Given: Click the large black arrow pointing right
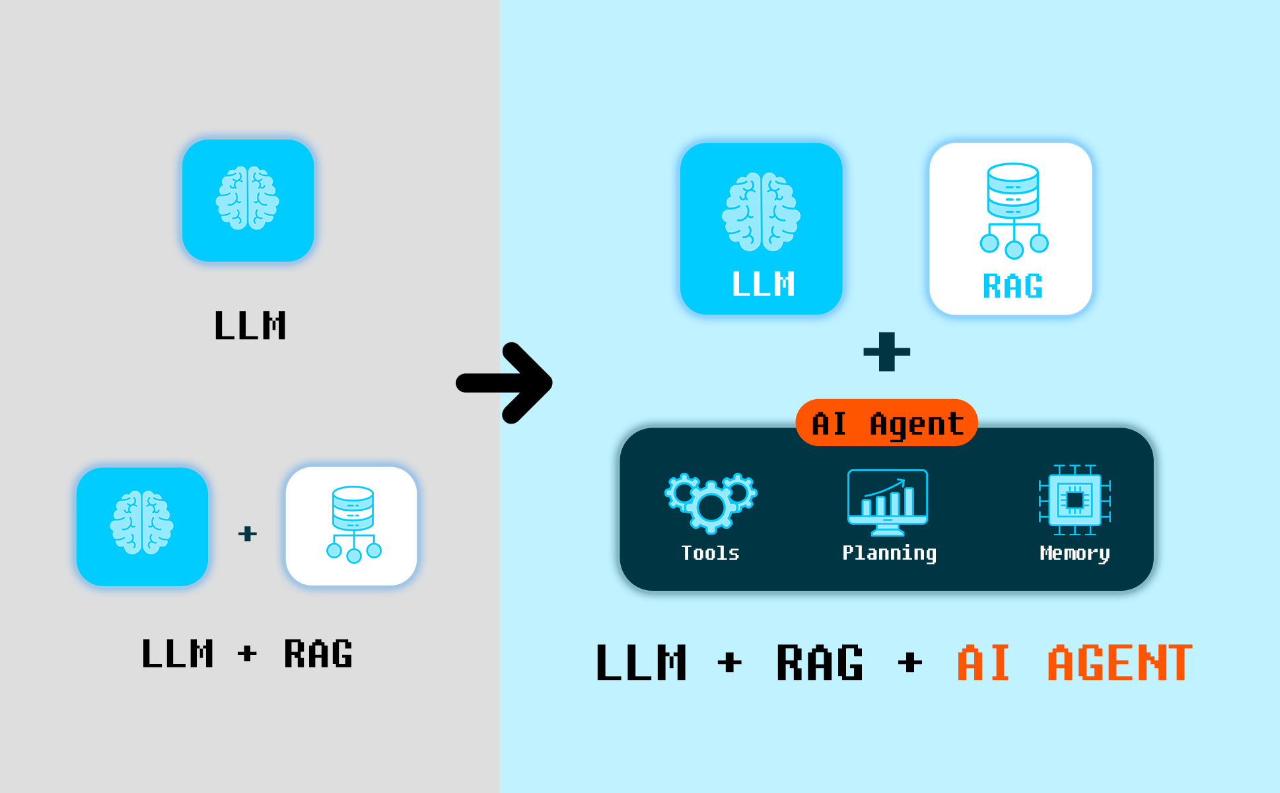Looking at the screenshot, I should coord(505,383).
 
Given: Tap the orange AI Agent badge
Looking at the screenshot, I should coord(886,423).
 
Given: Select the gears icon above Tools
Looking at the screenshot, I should coord(711,502).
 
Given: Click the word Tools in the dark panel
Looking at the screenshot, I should coord(710,553).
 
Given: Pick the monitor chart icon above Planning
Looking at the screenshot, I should coord(887,502).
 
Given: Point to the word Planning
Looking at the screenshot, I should coord(889,553).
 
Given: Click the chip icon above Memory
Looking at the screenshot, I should coord(1075,500).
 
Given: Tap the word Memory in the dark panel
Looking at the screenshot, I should coord(1075,553).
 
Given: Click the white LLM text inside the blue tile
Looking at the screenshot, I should coord(763,284).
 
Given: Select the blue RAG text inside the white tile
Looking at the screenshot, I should coord(1013,286).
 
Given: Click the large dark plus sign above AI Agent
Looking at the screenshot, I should coord(886,352).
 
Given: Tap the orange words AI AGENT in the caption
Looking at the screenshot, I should coord(1075,663).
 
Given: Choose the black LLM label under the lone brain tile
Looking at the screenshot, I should coord(250,326).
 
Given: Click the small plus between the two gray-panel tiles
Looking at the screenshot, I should coord(247,533).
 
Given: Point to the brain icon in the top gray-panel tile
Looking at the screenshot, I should coord(248,198).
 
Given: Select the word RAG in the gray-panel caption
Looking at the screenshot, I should coord(318,654).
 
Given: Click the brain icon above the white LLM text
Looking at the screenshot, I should coord(761,211).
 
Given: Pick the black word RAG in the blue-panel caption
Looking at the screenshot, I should coord(820,663).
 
